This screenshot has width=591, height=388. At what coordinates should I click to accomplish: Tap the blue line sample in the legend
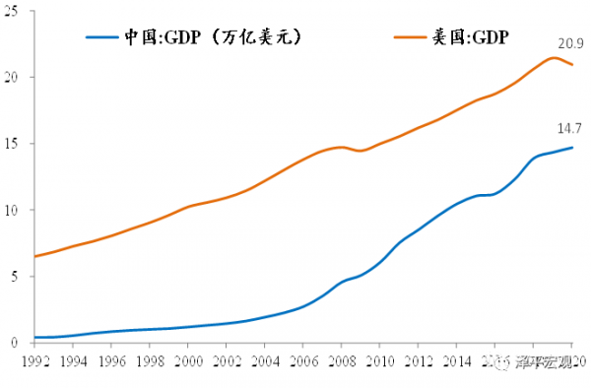coord(102,37)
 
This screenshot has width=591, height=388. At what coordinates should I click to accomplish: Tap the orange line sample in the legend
coord(407,37)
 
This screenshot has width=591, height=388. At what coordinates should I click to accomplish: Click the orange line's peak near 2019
coord(554,57)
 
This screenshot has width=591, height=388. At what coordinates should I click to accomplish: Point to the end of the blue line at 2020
coord(572,148)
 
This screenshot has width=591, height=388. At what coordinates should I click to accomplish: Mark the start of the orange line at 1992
coord(35,256)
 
